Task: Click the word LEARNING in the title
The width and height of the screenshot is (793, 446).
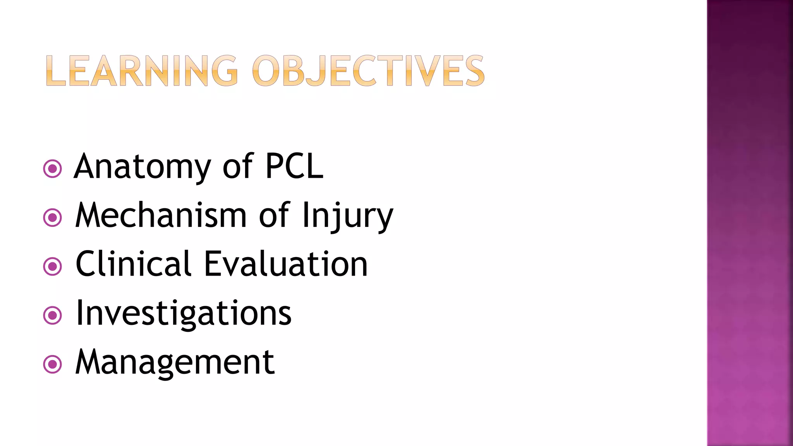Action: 141,71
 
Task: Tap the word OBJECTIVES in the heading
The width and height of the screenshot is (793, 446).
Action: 368,71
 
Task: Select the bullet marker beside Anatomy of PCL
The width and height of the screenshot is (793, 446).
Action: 53,169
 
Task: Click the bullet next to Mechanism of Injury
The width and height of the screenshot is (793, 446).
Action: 53,218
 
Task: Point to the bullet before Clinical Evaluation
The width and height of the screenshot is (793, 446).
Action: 53,266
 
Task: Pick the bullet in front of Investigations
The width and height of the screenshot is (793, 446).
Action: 53,315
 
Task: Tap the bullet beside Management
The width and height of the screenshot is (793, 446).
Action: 53,364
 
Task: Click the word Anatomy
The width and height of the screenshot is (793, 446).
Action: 142,167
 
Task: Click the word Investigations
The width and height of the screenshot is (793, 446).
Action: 184,314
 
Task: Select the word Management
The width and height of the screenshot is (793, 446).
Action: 175,362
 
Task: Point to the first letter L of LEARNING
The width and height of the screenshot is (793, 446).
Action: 56,71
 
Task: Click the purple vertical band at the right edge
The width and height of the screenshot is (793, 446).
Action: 750,223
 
